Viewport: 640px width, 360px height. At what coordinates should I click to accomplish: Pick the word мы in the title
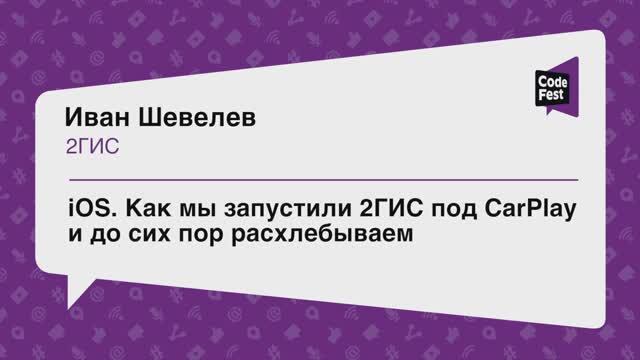click(187, 211)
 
